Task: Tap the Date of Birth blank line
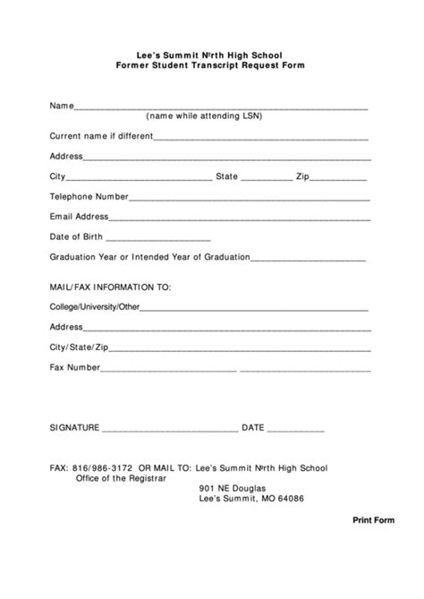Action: click(157, 240)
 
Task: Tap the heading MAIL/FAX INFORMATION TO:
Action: click(109, 287)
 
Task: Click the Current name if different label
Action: click(101, 137)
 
